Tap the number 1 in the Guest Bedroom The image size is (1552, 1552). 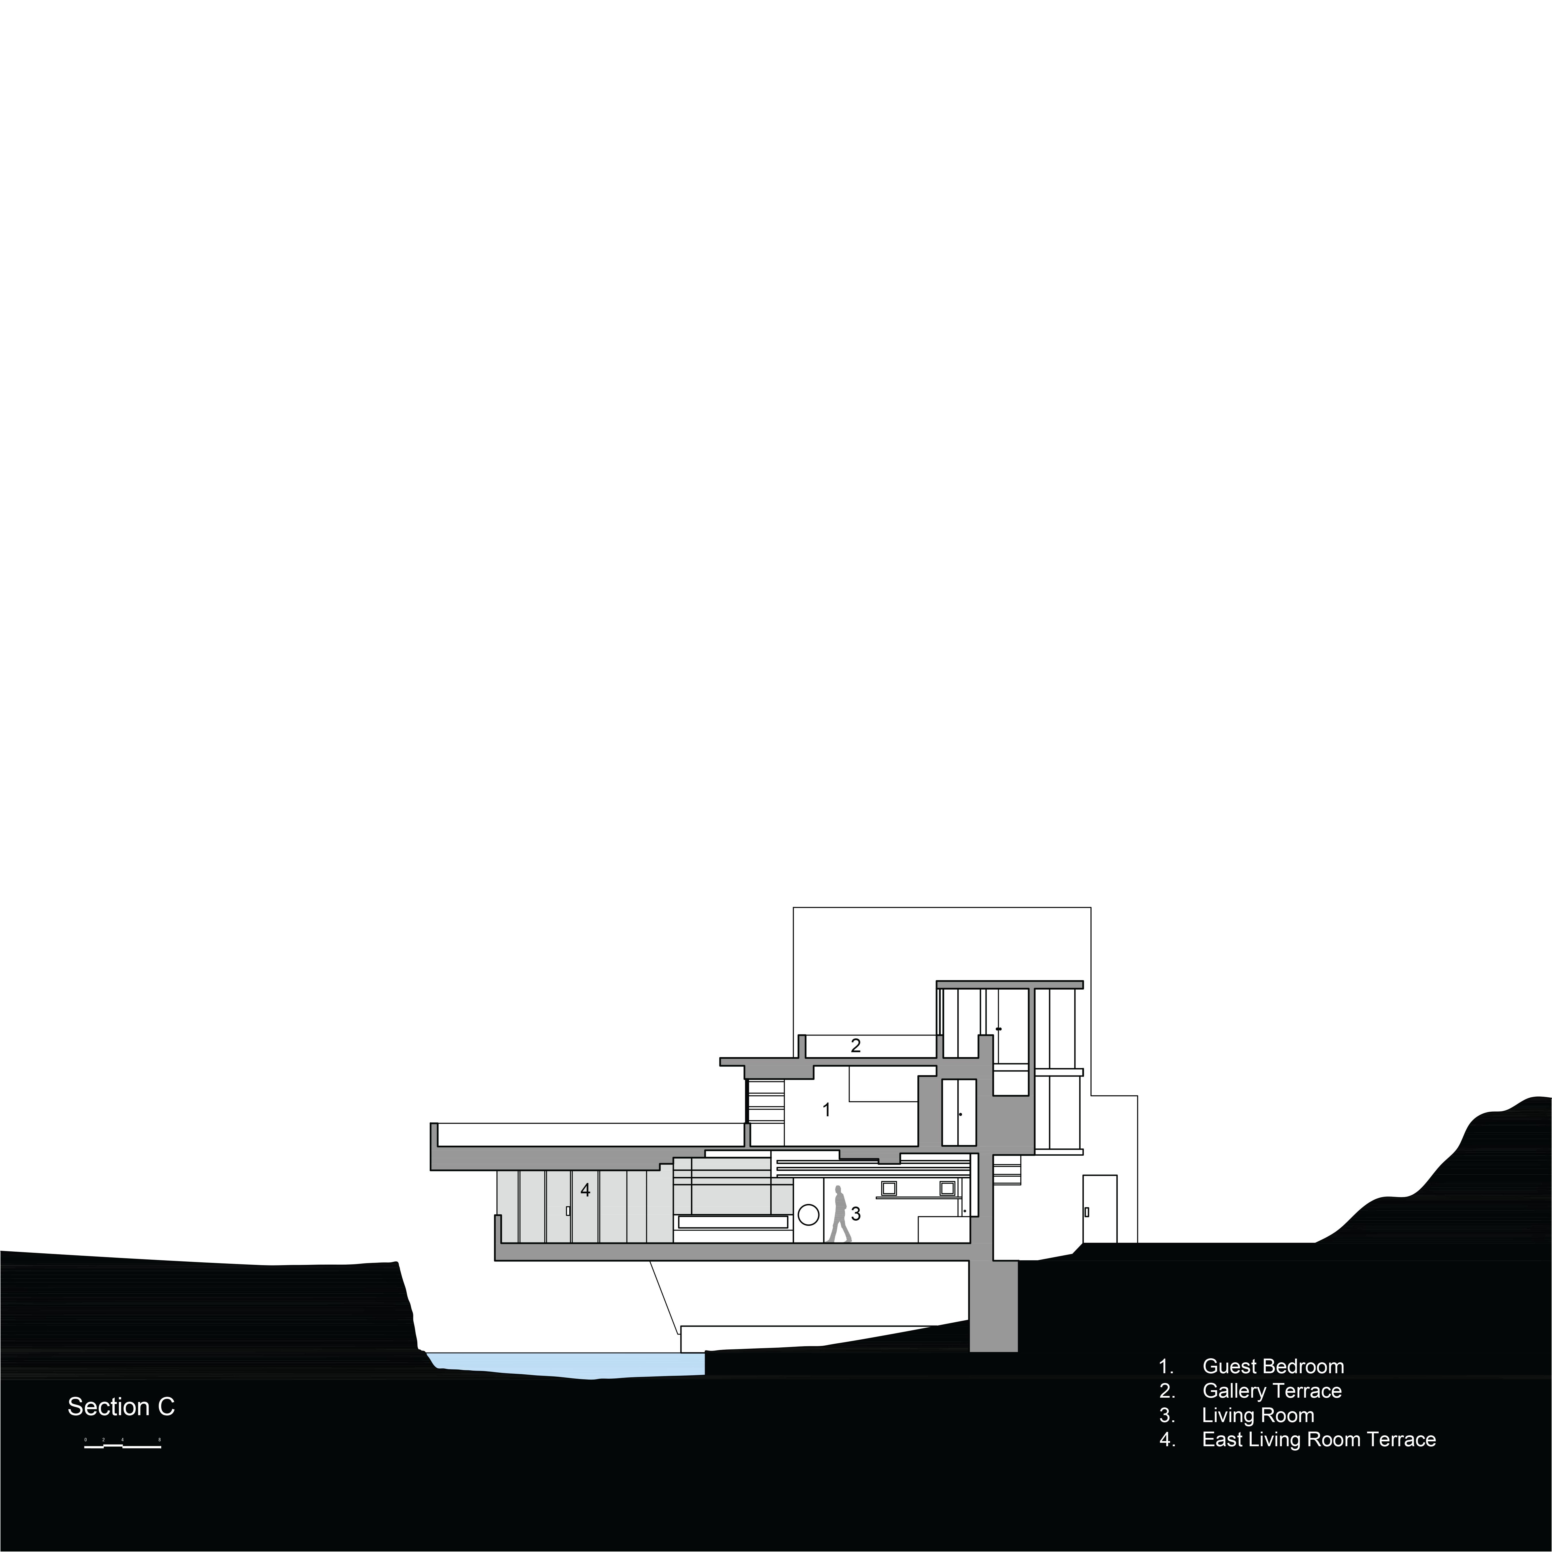[x=827, y=1110]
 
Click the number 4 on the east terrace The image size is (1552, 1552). [x=586, y=1190]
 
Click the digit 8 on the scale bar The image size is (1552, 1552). [x=160, y=1440]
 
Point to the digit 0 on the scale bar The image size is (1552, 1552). [x=85, y=1440]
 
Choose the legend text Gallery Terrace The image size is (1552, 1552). [x=1272, y=1390]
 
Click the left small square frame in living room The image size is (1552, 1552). [x=889, y=1188]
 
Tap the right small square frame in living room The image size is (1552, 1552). [x=947, y=1188]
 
